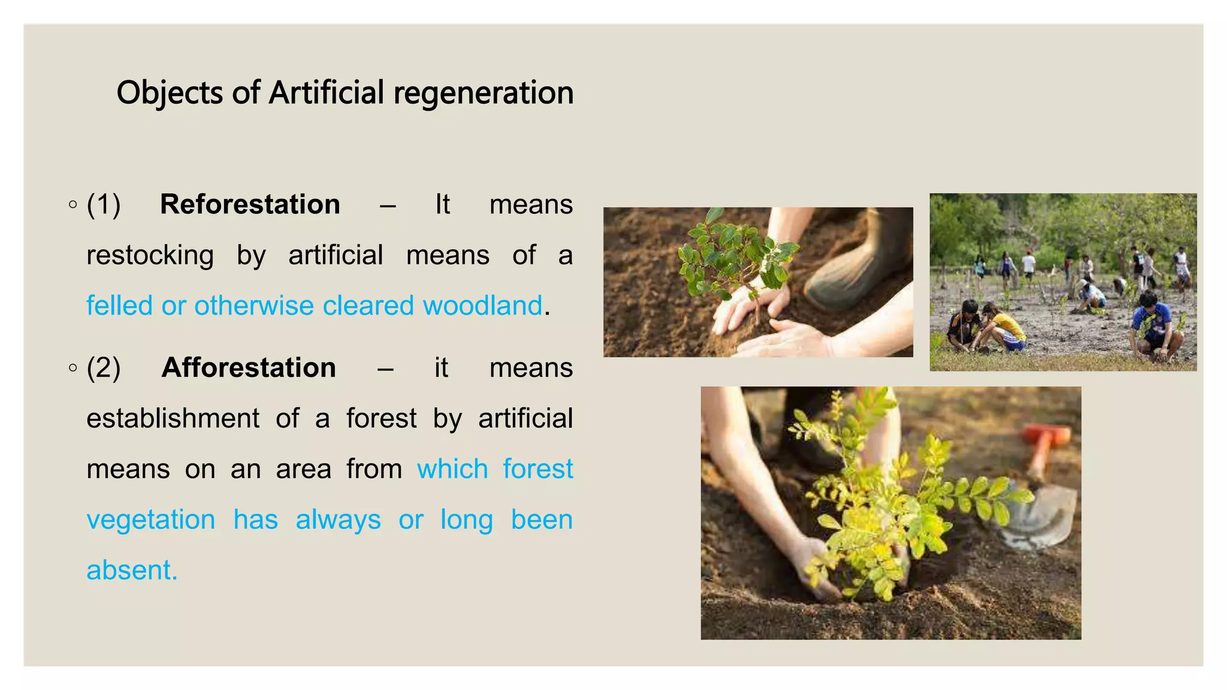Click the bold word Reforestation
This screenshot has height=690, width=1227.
250,205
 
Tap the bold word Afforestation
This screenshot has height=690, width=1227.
249,368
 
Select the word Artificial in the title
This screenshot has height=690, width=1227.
326,93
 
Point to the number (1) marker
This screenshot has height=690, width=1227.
104,205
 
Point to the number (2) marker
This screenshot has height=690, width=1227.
104,368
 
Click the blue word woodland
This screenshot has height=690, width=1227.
482,305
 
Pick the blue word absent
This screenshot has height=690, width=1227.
132,570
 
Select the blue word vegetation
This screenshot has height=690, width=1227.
151,520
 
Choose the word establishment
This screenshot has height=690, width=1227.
173,419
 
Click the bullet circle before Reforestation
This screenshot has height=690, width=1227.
73,205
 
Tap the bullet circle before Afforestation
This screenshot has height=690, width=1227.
73,368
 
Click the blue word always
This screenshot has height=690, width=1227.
338,520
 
